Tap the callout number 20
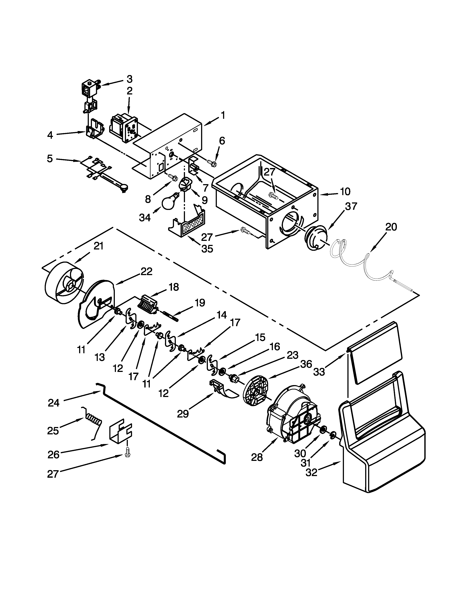(x=391, y=227)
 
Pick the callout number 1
(x=223, y=115)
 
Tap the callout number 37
(x=351, y=206)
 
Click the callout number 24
(x=53, y=403)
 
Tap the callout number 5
(x=50, y=159)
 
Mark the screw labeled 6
(x=212, y=163)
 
